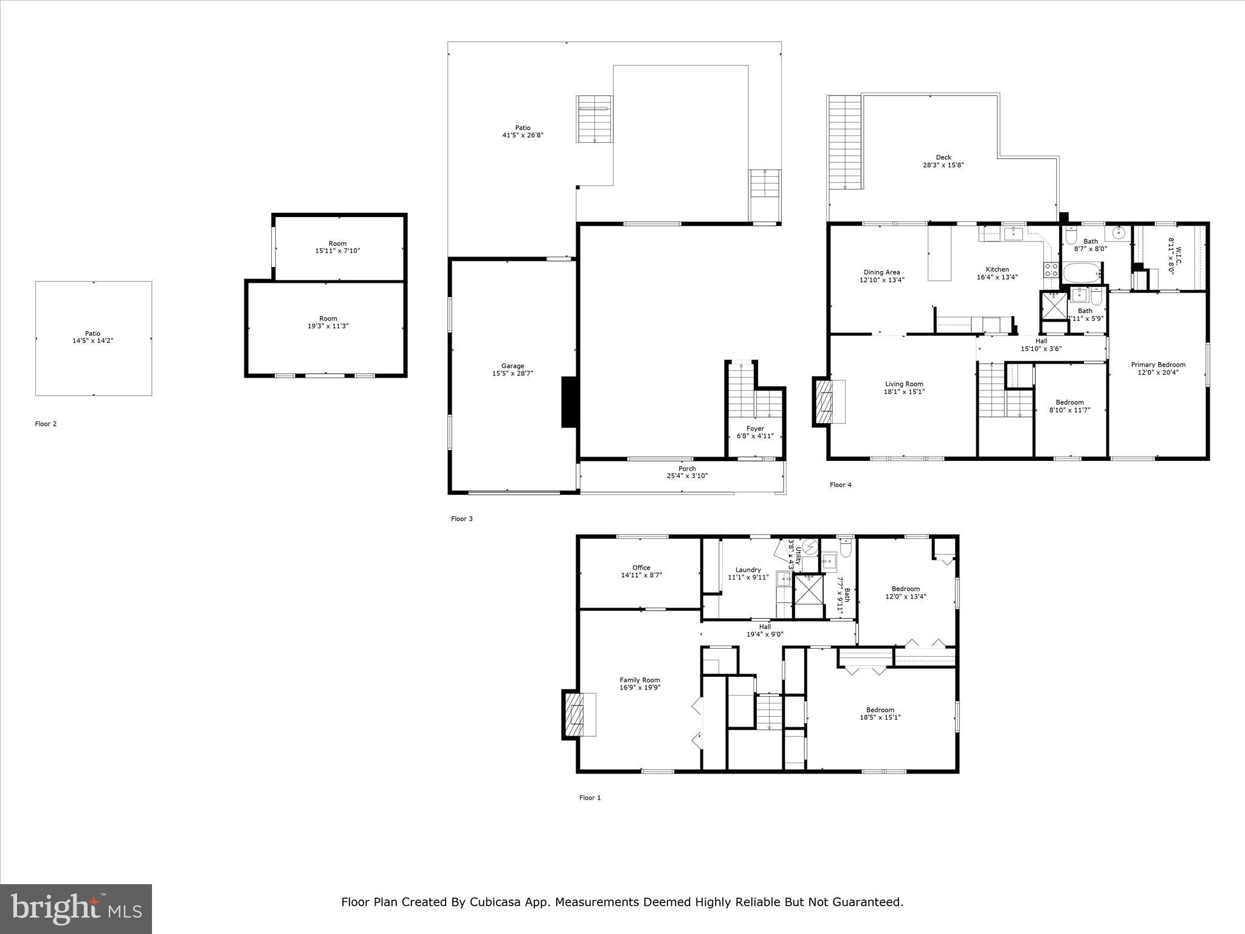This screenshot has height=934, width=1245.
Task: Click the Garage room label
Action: point(512,366)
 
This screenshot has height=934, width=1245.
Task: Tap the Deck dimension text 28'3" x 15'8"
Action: point(943,165)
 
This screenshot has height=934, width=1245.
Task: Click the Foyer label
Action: point(755,428)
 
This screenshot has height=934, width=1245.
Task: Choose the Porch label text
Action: point(687,468)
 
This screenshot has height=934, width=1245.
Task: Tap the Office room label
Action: point(641,567)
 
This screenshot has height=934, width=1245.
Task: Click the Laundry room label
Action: point(748,570)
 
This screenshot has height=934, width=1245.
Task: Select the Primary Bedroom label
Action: point(1157,365)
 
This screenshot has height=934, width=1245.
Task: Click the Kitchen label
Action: point(997,269)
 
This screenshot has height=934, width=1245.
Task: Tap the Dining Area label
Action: point(881,272)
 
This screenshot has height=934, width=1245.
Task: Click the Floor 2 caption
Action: point(46,424)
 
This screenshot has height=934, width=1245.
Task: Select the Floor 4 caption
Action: point(840,485)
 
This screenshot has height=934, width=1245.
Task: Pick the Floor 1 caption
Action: point(590,798)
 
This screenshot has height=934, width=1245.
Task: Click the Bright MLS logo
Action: point(76,908)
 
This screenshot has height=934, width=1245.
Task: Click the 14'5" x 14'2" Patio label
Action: point(93,341)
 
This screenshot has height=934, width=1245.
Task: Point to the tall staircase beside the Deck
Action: point(845,143)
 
